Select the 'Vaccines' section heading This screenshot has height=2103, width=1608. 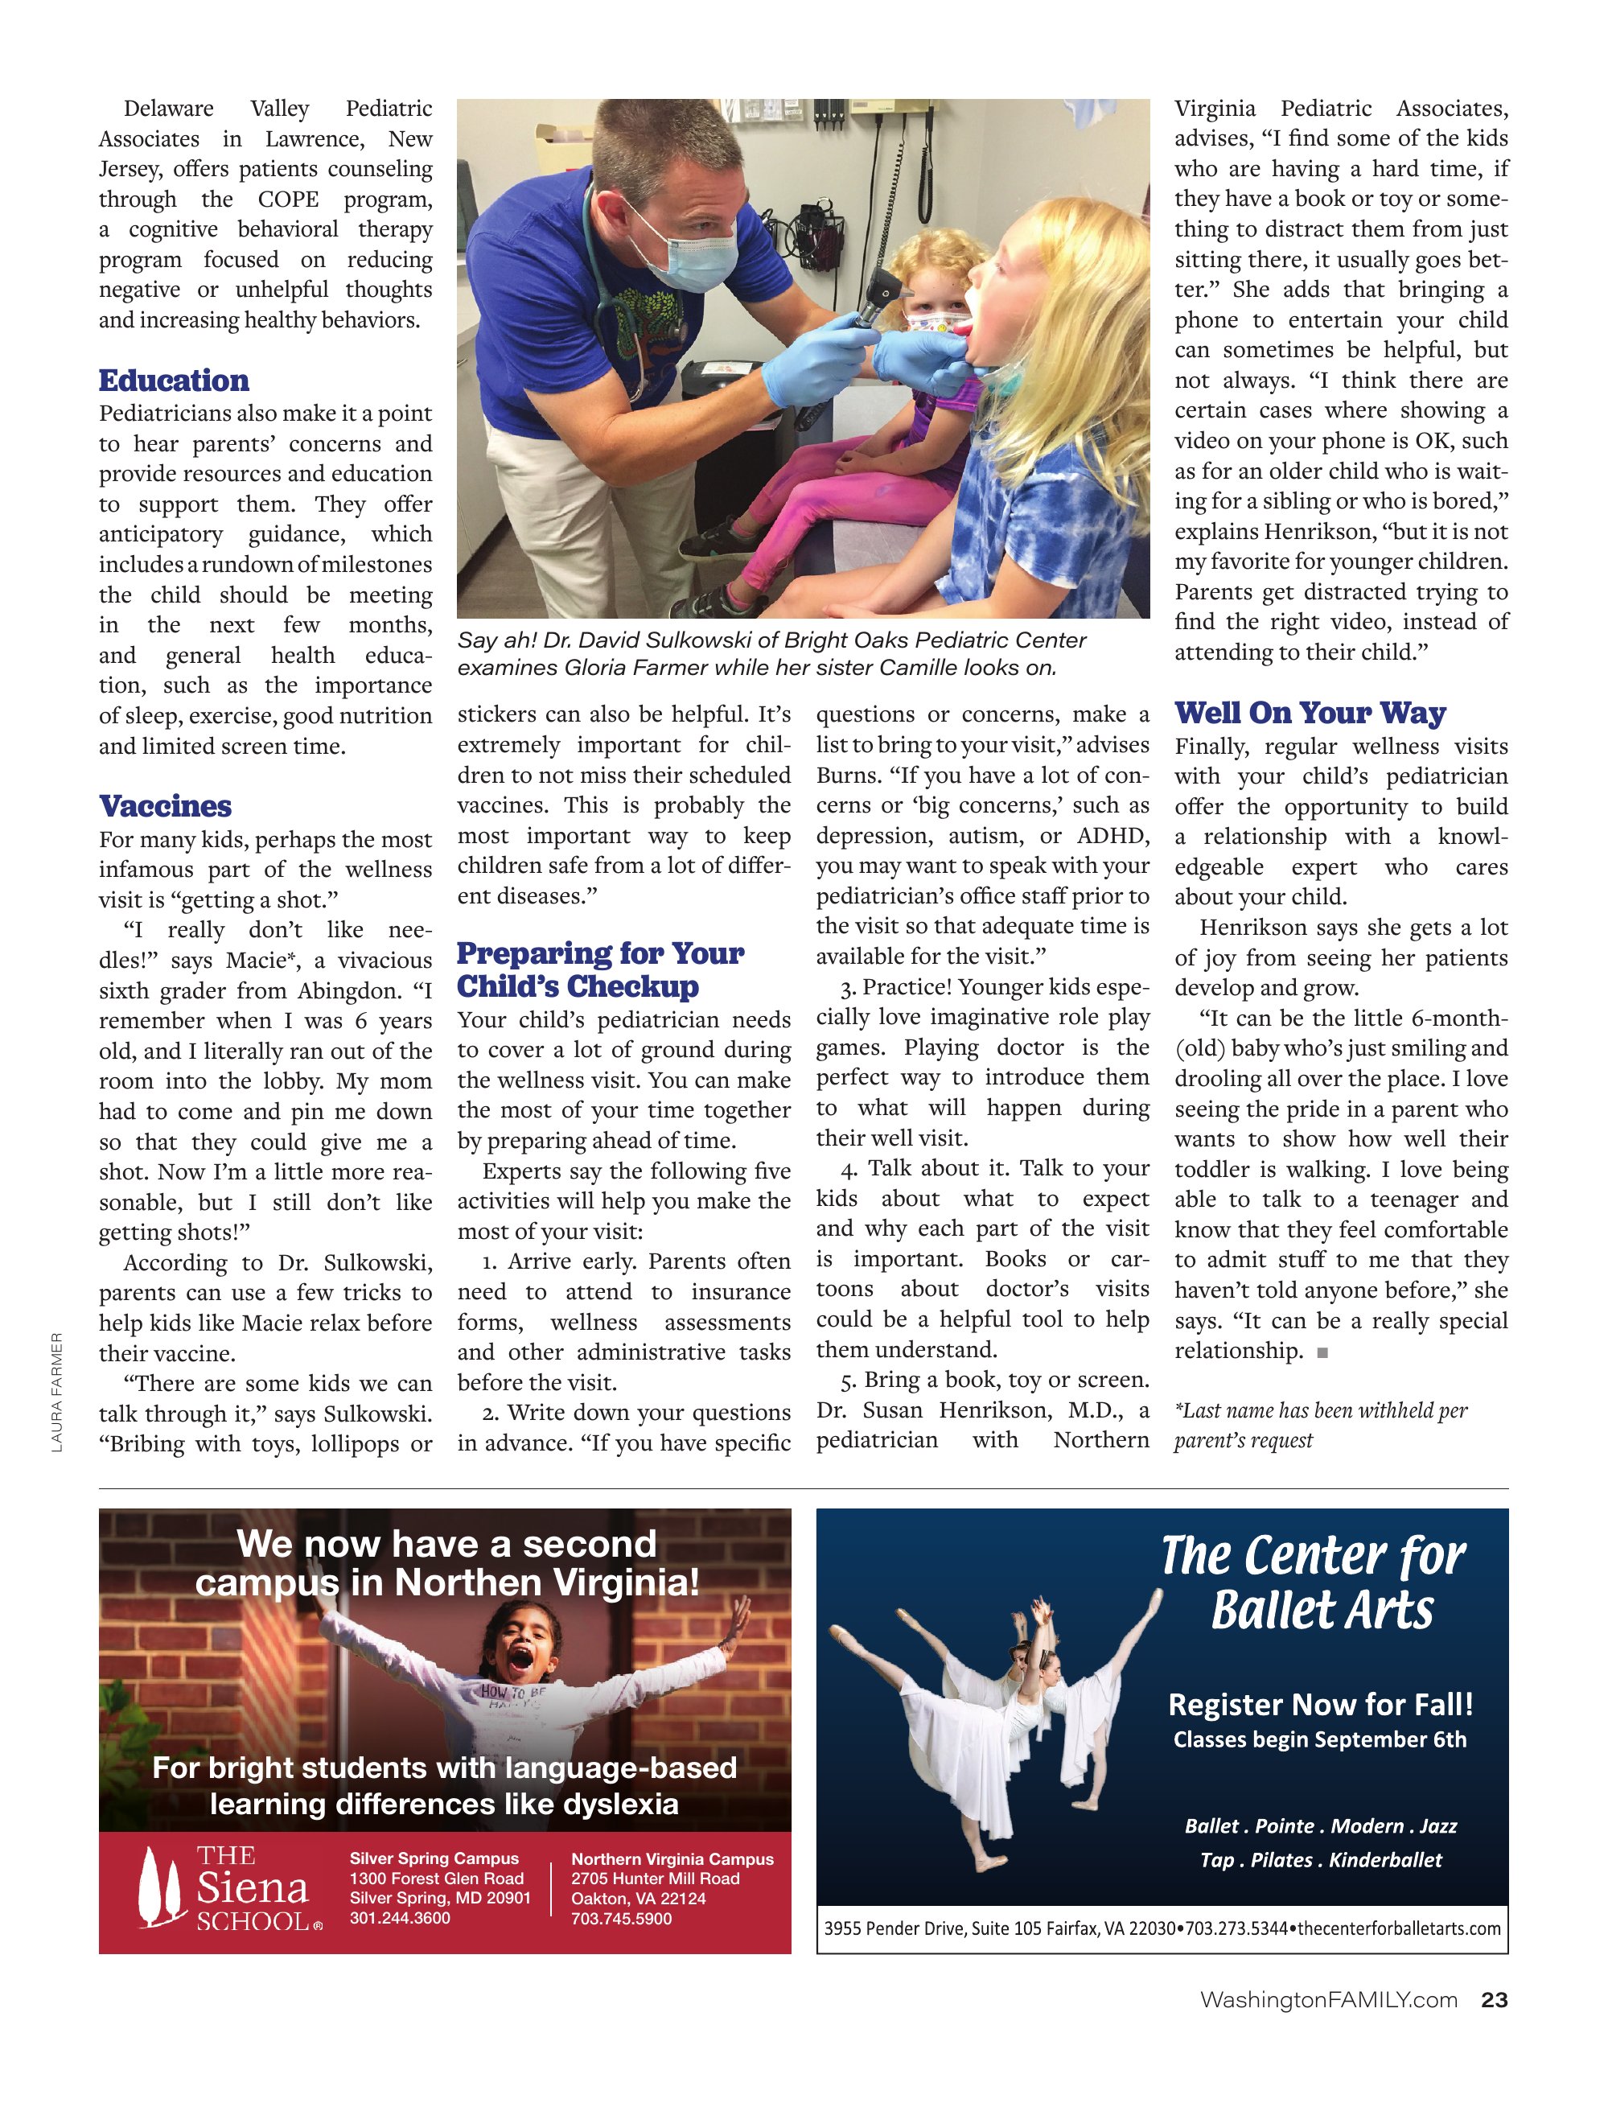pos(165,806)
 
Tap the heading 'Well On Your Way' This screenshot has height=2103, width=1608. pos(1310,713)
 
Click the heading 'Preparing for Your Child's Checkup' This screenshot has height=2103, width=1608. pos(600,969)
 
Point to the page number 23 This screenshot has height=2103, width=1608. pos(1493,2000)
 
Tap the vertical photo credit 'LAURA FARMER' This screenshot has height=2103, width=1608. pos(57,1392)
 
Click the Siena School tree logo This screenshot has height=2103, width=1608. pos(160,1886)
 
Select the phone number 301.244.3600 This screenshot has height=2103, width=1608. pos(399,1917)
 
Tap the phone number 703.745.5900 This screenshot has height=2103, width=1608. pos(621,1918)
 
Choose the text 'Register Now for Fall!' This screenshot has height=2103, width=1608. pos(1320,1705)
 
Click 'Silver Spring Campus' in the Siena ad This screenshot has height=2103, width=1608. pos(434,1858)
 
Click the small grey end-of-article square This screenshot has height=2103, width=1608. pos(1322,1352)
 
